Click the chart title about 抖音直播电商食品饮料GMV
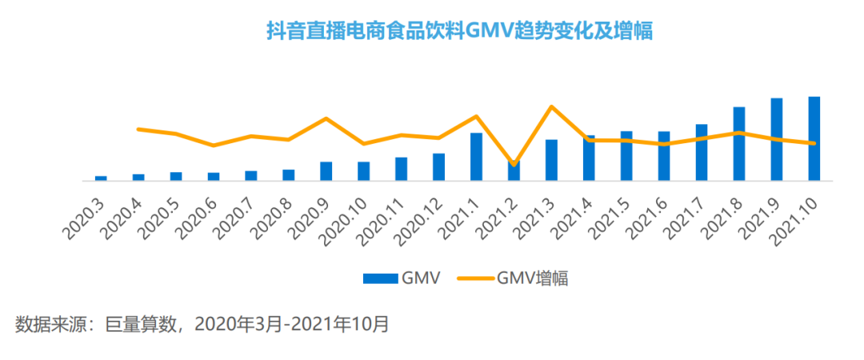coord(459,31)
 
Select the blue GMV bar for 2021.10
coord(814,138)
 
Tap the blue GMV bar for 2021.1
coord(476,156)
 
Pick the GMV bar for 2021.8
coord(738,144)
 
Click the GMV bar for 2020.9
coord(326,171)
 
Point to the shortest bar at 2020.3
coord(101,178)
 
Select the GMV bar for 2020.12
coord(438,166)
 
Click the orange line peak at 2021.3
coord(551,106)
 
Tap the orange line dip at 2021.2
coord(514,164)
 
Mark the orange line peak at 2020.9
coord(326,118)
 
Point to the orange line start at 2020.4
coord(138,129)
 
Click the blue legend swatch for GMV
coord(380,278)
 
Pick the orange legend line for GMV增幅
coord(474,278)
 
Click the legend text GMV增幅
coord(533,278)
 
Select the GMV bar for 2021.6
coord(663,156)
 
